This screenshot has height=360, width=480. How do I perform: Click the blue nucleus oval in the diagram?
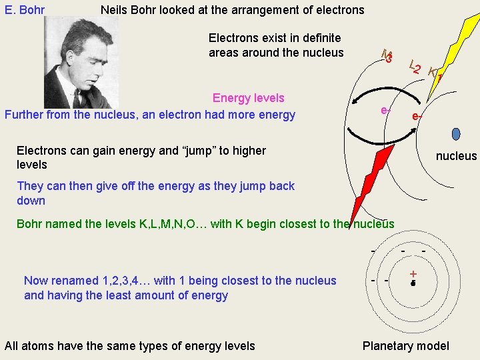(x=456, y=134)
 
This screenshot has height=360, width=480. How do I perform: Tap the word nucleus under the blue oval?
(x=456, y=156)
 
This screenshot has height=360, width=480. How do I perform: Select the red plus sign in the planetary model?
(x=413, y=273)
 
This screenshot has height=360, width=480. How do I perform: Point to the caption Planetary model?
(x=405, y=345)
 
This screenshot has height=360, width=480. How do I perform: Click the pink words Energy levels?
(x=248, y=98)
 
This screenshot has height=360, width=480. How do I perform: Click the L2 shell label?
(x=415, y=67)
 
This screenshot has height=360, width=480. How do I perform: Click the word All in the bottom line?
(x=11, y=345)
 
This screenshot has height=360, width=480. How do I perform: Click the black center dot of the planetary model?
(x=413, y=283)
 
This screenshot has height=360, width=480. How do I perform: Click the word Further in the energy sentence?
(x=24, y=115)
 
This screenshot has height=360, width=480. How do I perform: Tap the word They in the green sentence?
(x=29, y=186)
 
